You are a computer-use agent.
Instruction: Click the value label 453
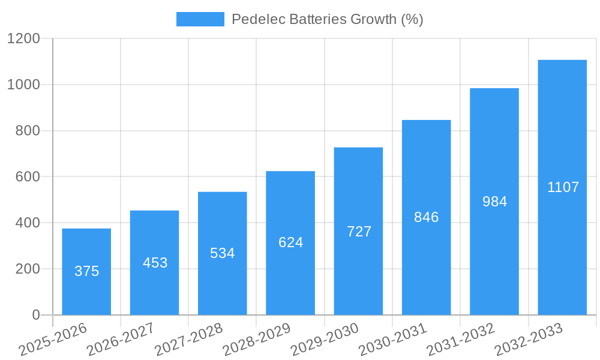coord(155,263)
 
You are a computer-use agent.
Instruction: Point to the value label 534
coord(222,253)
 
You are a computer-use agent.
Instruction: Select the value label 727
coord(359,232)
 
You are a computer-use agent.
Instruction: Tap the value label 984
coord(494,202)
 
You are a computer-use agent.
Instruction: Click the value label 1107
coord(563,187)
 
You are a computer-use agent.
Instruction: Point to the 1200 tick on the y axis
coord(23,39)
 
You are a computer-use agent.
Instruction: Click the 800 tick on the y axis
coord(28,131)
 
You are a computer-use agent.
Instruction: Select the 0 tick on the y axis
coord(35,315)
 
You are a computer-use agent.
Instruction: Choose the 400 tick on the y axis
coord(28,223)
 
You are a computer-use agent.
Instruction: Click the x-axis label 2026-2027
coord(120,340)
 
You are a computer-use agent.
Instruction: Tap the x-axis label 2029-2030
coord(324,340)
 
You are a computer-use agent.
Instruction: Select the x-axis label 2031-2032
coord(460,340)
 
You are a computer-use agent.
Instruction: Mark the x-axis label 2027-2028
coord(188,340)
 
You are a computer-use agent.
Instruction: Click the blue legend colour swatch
coord(200,19)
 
